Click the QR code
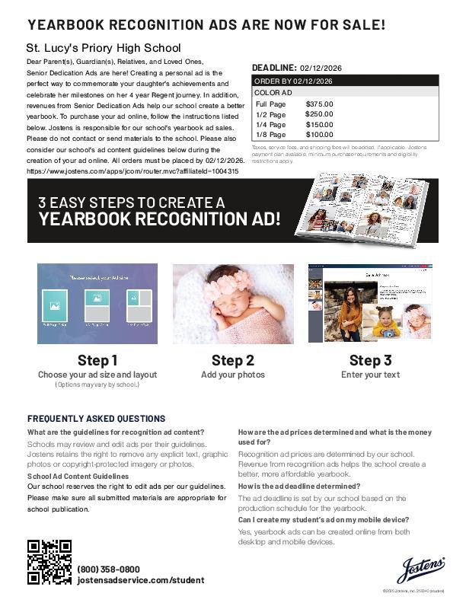pyautogui.click(x=49, y=561)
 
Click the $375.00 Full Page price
pyautogui.click(x=319, y=104)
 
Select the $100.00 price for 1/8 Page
pyautogui.click(x=319, y=135)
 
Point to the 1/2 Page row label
pyautogui.click(x=270, y=114)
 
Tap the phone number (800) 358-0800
pyautogui.click(x=108, y=569)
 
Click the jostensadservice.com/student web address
pyautogui.click(x=140, y=580)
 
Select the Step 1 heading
pyautogui.click(x=97, y=360)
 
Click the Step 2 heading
pyautogui.click(x=233, y=360)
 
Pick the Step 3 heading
pyautogui.click(x=370, y=360)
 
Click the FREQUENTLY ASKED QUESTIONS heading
pyautogui.click(x=96, y=419)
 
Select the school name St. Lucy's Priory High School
pyautogui.click(x=104, y=48)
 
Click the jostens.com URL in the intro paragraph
pyautogui.click(x=132, y=171)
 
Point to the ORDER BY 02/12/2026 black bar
pyautogui.click(x=345, y=81)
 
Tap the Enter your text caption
pyautogui.click(x=370, y=375)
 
